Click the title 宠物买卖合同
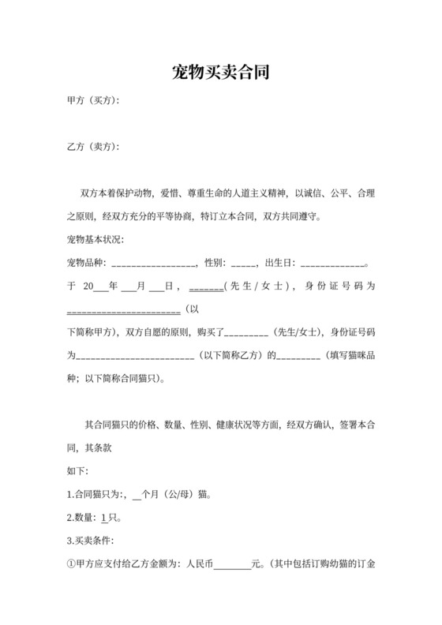pyautogui.click(x=221, y=73)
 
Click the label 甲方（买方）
pyautogui.click(x=94, y=101)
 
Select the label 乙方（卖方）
pyautogui.click(x=94, y=148)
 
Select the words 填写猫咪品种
pyautogui.click(x=349, y=355)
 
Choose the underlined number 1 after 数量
pyautogui.click(x=104, y=518)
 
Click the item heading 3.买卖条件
pyautogui.click(x=92, y=541)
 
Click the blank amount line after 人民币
pyautogui.click(x=232, y=565)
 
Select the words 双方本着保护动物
pyautogui.click(x=119, y=193)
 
